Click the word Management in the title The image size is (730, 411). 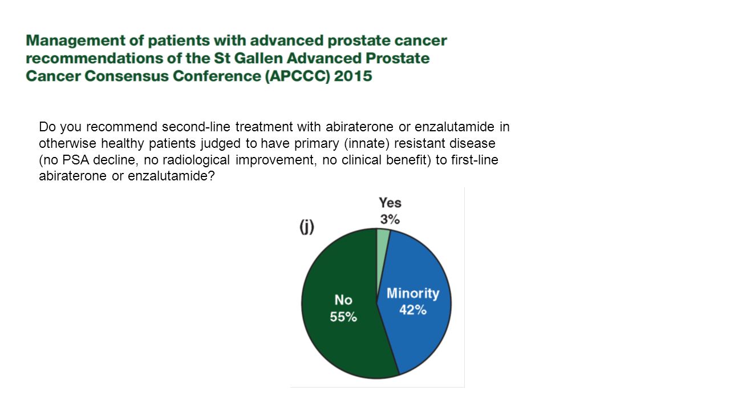[75, 41]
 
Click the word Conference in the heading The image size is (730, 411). [217, 76]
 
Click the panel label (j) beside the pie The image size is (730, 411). [307, 227]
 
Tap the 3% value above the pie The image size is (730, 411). [390, 219]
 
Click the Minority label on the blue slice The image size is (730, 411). [413, 293]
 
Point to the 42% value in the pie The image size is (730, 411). [413, 310]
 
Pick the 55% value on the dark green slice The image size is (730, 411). [343, 317]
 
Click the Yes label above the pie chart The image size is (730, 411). [390, 203]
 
